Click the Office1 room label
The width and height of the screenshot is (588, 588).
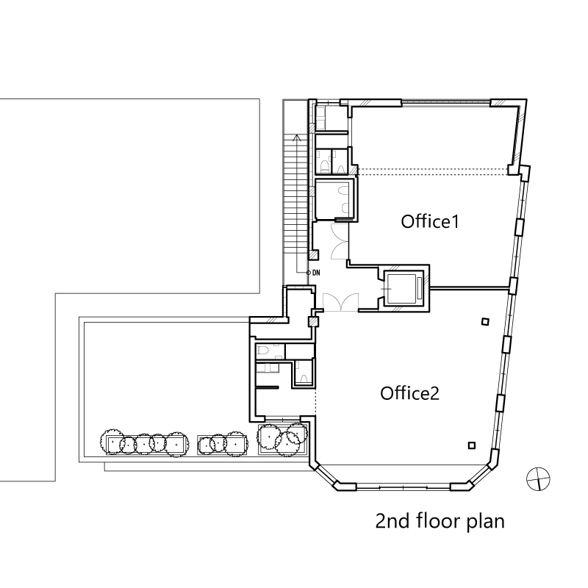click(430, 222)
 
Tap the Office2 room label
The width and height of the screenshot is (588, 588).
click(409, 393)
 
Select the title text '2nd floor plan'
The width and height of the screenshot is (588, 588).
click(440, 522)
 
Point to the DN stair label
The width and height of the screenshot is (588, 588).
click(316, 273)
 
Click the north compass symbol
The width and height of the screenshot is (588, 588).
click(538, 479)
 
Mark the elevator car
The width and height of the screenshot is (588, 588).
click(401, 289)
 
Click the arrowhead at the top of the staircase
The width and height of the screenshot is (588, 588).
click(297, 137)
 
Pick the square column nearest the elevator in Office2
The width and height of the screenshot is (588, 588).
click(485, 321)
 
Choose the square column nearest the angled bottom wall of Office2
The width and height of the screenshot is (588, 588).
click(472, 445)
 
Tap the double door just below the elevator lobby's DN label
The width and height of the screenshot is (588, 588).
click(340, 302)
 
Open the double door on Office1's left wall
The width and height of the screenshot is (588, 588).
click(340, 241)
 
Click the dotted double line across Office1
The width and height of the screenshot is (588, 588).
click(431, 171)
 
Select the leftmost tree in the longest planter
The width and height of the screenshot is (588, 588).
click(112, 442)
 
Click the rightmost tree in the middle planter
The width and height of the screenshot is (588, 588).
click(236, 444)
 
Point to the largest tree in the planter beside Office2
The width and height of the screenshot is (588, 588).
click(269, 436)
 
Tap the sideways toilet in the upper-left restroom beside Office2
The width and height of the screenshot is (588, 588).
click(262, 351)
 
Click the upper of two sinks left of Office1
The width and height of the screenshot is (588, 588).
click(343, 191)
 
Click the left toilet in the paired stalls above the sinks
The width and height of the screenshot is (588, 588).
click(325, 167)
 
